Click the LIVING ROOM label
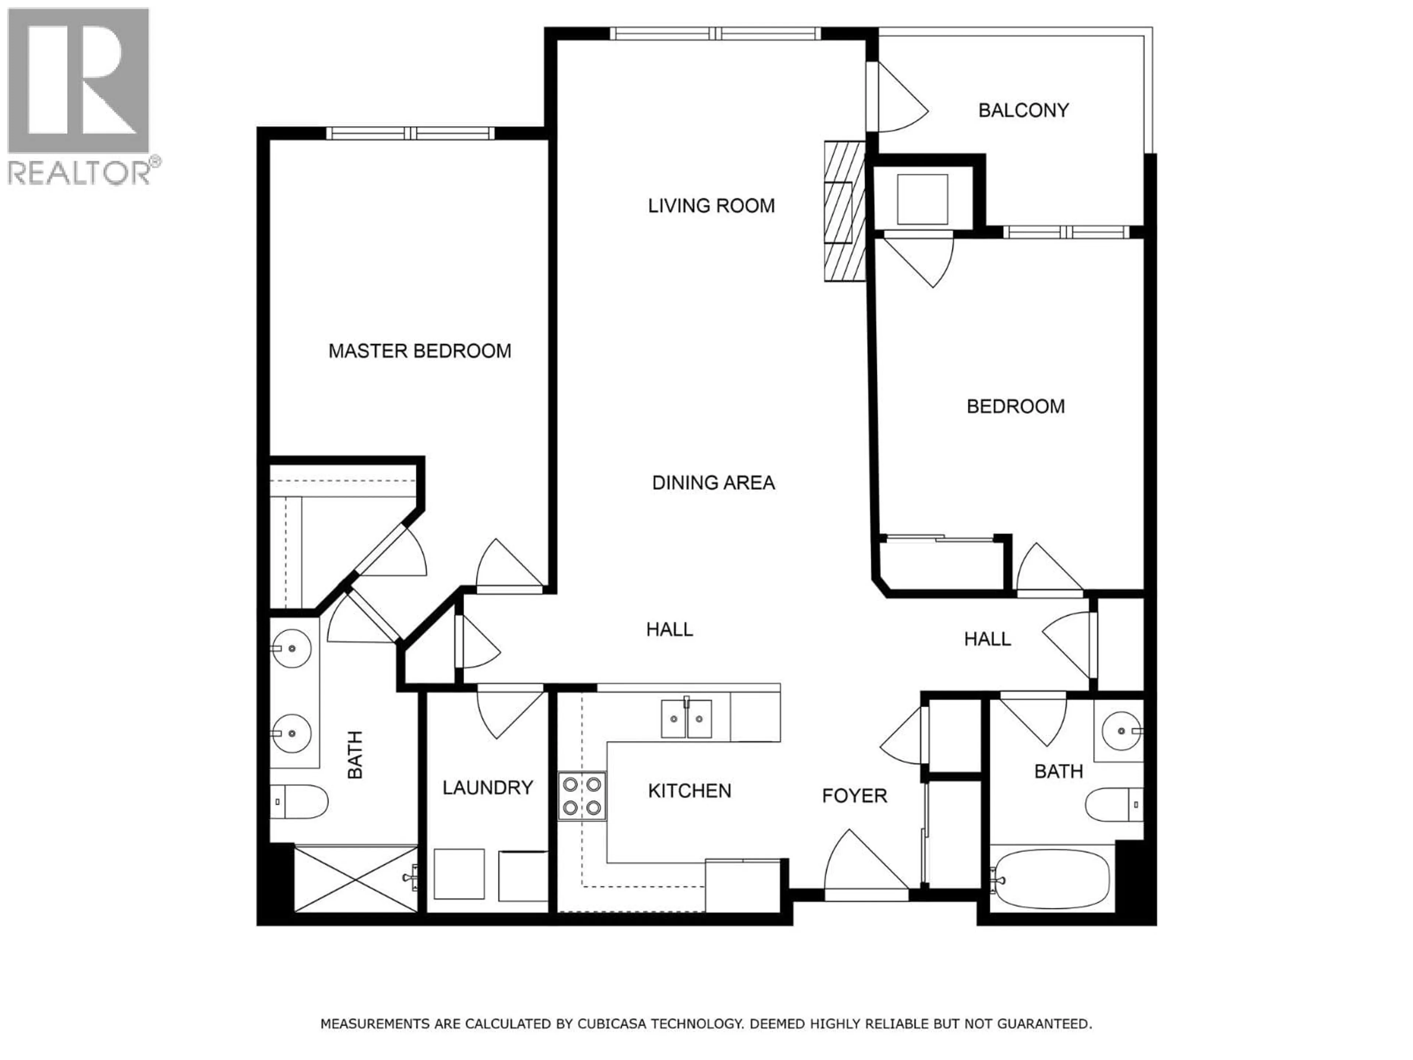711,206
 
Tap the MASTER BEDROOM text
420,351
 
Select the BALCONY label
1023,110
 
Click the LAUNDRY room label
488,787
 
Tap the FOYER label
854,795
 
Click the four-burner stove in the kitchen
581,795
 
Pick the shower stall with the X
355,879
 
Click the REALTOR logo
80,96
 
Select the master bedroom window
410,134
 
